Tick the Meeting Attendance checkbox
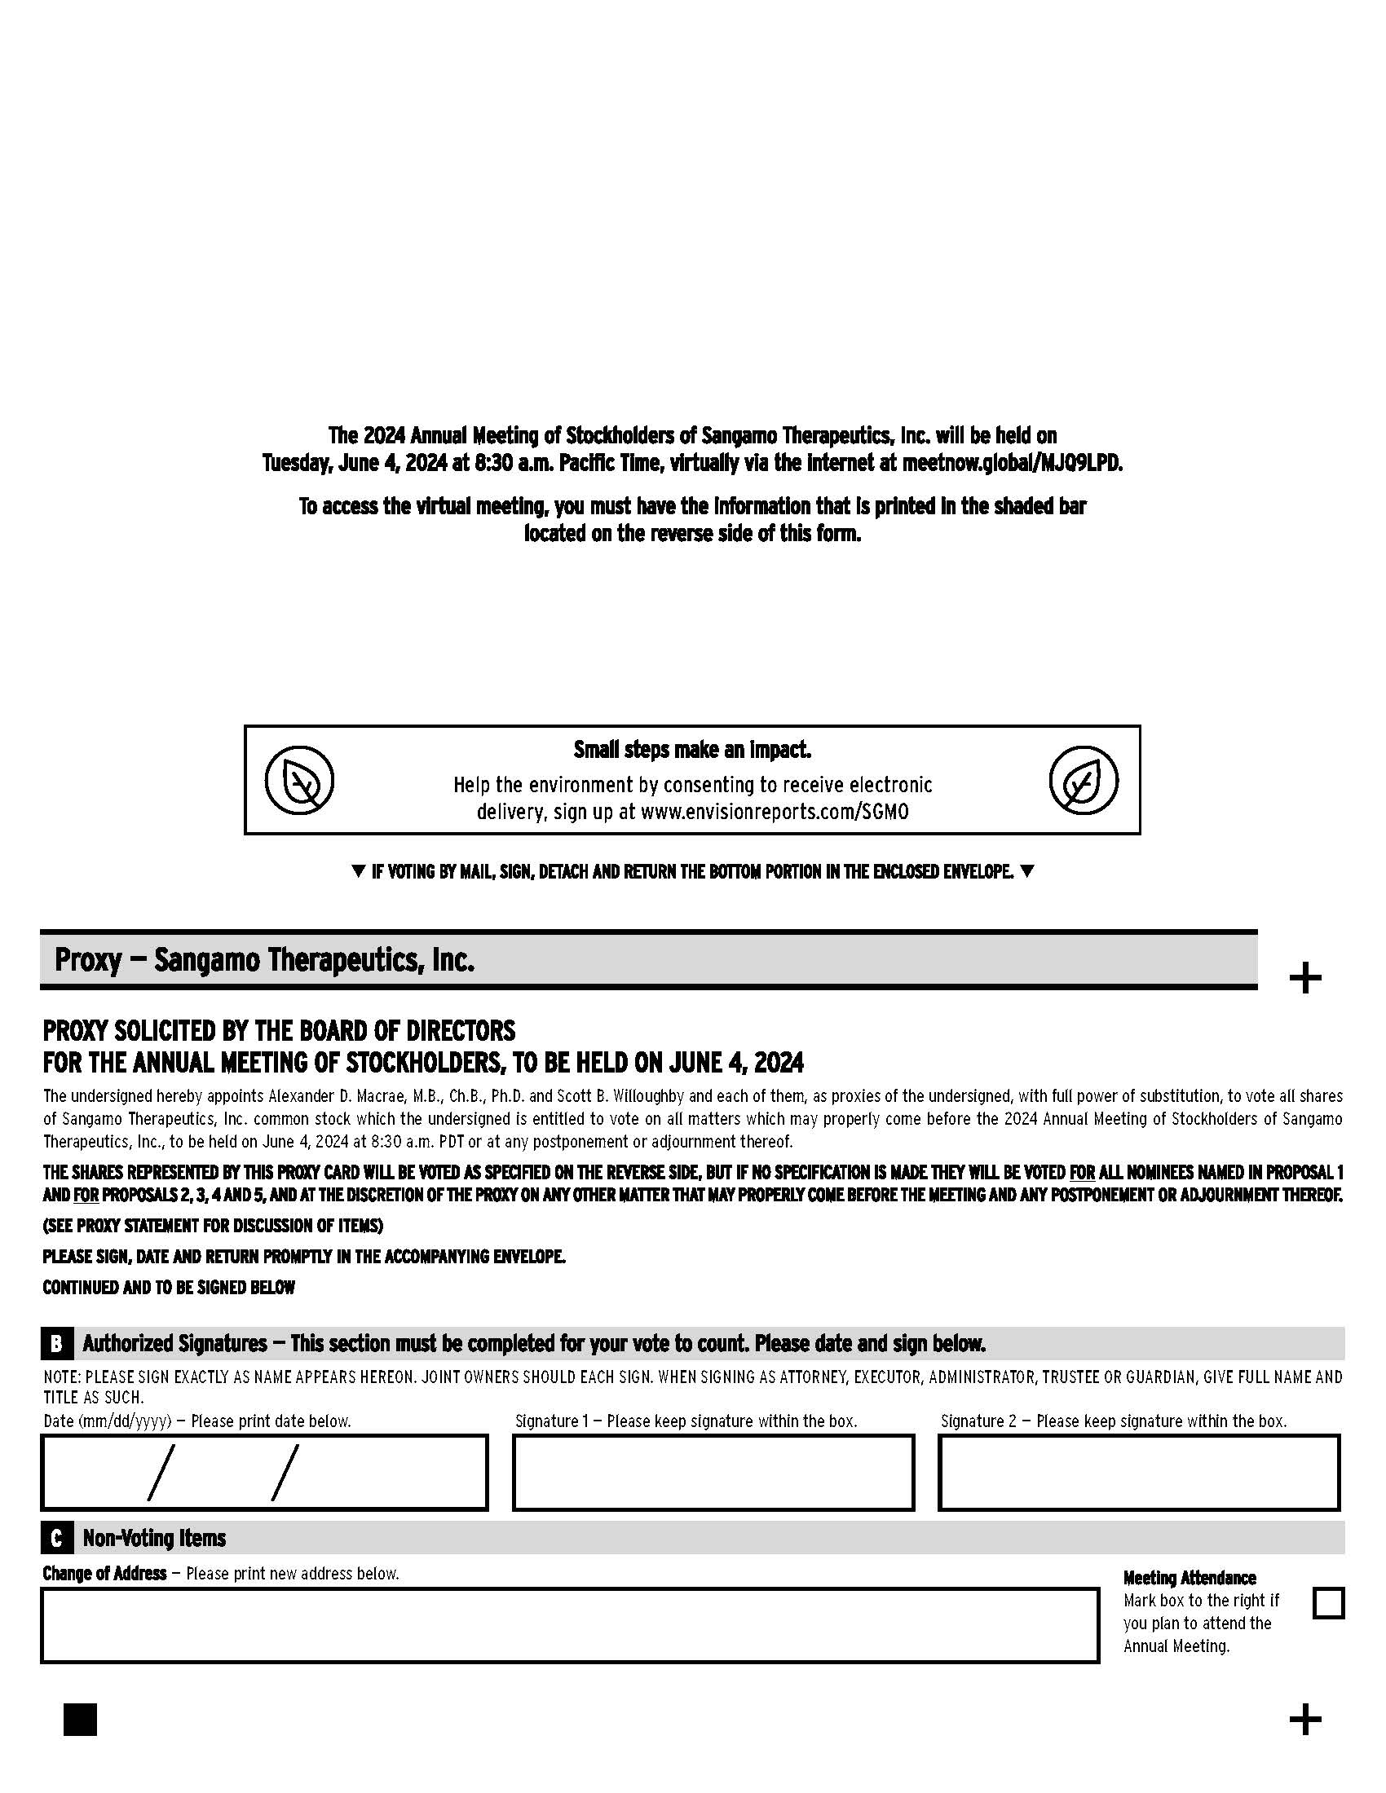coord(1327,1602)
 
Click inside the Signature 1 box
coord(713,1472)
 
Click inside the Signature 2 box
coord(1138,1472)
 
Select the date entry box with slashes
coord(264,1472)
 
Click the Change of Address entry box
coord(569,1626)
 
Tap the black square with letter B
coord(55,1344)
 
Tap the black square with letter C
coord(55,1538)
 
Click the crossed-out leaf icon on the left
coord(300,780)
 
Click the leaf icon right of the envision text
coord(1083,780)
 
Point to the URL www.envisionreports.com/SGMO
coord(775,812)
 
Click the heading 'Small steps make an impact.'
coord(692,750)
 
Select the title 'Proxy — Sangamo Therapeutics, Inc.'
coord(264,960)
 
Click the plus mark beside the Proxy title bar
coord(1304,978)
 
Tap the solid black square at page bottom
coord(80,1720)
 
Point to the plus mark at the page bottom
coord(1304,1720)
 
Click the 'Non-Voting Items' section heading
coord(153,1538)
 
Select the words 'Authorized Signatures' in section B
coord(174,1344)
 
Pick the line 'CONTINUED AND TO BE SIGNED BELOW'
coord(168,1287)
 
